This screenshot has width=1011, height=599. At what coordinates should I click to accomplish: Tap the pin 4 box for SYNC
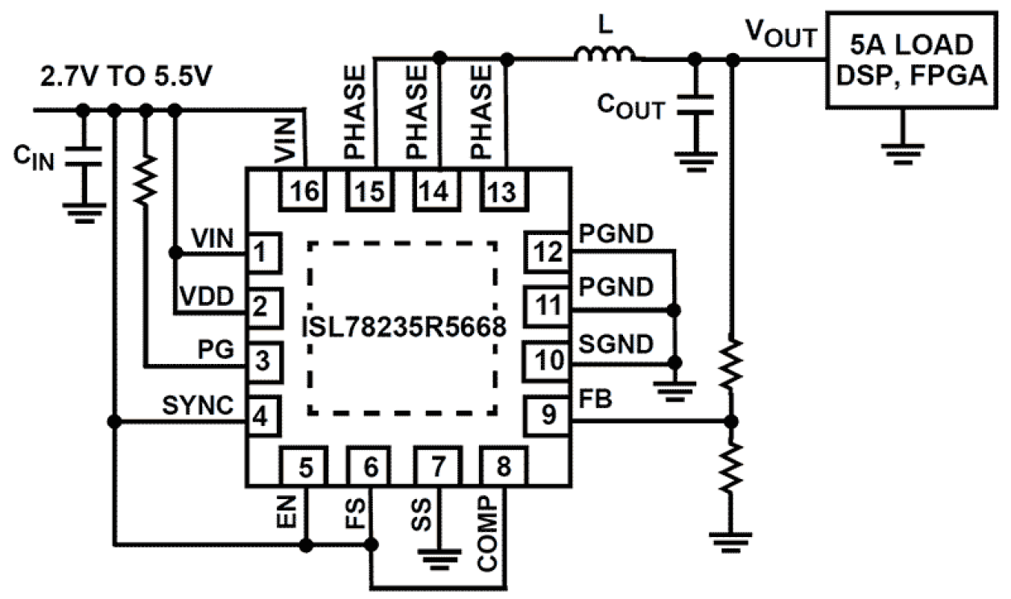click(262, 417)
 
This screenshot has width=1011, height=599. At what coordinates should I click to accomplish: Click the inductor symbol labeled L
click(605, 56)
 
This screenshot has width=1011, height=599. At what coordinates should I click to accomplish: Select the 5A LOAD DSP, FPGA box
click(918, 60)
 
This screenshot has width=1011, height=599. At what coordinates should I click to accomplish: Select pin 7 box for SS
click(438, 466)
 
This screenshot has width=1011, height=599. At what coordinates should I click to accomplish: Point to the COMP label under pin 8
click(493, 531)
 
